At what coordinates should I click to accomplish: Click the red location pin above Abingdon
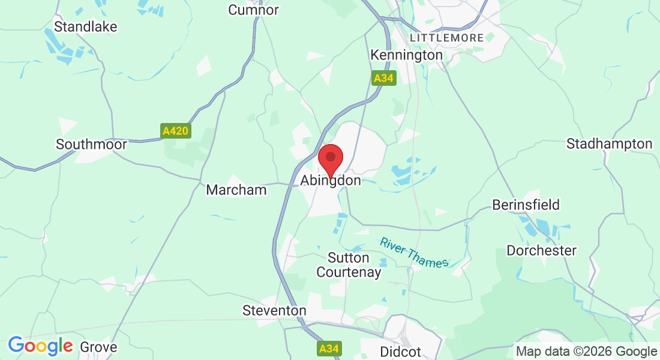tap(330, 160)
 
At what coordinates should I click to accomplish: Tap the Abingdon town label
tap(331, 181)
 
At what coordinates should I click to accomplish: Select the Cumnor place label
tap(254, 10)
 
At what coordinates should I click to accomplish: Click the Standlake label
tap(85, 26)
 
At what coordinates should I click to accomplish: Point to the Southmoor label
tap(91, 145)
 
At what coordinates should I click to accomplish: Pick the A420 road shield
tap(176, 131)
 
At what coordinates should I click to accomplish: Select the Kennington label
tap(406, 55)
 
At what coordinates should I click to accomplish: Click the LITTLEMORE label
tap(446, 38)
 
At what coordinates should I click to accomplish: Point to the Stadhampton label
tap(609, 144)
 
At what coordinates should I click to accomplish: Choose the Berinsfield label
tap(526, 205)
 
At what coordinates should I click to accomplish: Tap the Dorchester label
tap(541, 250)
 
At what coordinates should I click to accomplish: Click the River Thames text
tap(414, 253)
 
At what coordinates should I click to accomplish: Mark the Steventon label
tap(274, 311)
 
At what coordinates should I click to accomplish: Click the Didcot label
tap(401, 351)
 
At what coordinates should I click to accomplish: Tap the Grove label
tap(98, 347)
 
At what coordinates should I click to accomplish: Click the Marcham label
tap(236, 190)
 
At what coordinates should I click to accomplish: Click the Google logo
tap(40, 346)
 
